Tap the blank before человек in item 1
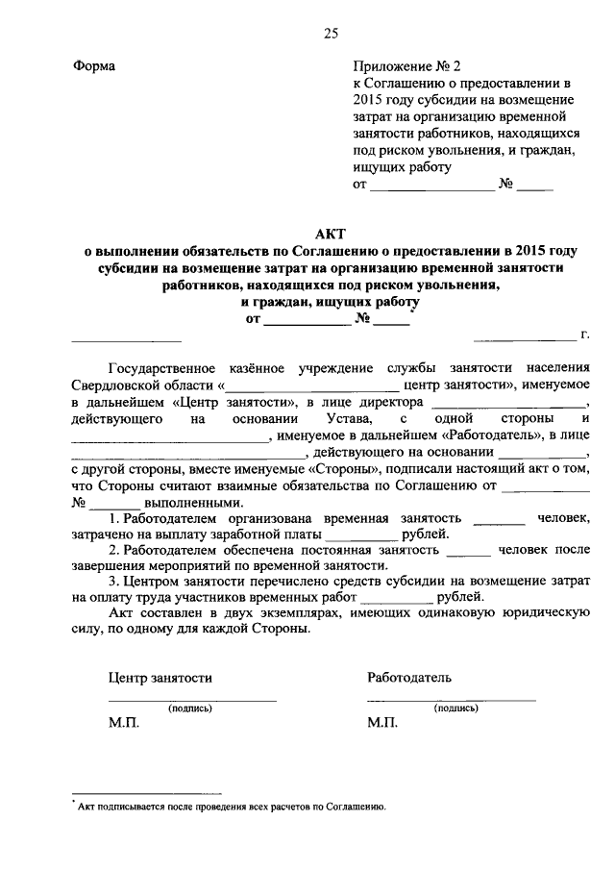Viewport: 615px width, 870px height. pos(500,520)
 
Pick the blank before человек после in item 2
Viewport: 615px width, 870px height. pos(469,554)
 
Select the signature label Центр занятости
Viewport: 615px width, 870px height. pos(160,678)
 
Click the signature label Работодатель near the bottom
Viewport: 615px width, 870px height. pos(409,678)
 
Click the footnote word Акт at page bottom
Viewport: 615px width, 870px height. pos(86,808)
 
